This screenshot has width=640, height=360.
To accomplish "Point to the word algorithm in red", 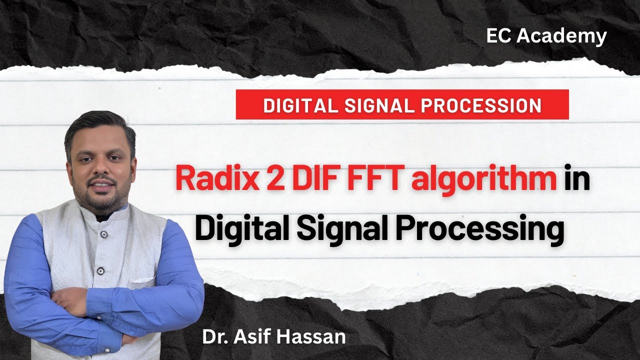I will (x=483, y=179).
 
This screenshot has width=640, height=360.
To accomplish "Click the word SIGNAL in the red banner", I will (x=382, y=105).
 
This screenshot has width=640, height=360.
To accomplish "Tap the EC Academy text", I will (x=546, y=36).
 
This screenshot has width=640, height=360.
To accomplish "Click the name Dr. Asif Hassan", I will (x=273, y=336).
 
